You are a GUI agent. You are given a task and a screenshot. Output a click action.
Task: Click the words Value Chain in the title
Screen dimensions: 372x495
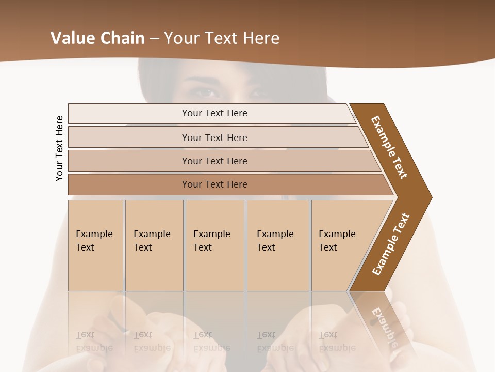(98, 38)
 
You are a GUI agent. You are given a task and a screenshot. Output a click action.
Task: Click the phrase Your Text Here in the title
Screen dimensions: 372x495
(222, 38)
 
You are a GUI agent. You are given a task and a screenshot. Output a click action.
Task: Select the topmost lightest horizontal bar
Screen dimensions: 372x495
(214, 113)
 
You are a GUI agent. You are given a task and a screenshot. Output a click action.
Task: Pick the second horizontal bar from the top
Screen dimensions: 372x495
(214, 137)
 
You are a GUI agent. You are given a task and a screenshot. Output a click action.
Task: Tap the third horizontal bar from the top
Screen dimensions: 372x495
(214, 161)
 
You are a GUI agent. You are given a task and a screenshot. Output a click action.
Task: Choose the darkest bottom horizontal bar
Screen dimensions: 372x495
(214, 184)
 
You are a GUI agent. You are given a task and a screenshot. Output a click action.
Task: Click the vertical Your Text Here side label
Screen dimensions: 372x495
(59, 148)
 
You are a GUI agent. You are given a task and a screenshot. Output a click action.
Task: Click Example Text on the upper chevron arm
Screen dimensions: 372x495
(389, 147)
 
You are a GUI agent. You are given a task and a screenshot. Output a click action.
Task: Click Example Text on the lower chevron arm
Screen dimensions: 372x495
(391, 244)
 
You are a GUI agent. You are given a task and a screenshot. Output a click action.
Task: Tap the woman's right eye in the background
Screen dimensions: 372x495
(207, 93)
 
